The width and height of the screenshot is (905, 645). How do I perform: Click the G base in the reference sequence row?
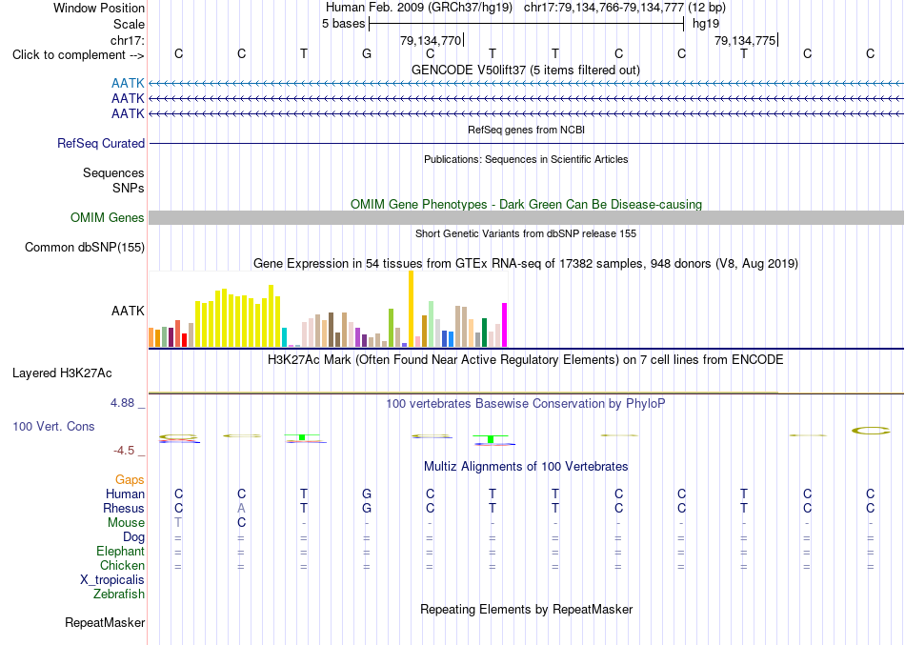click(367, 54)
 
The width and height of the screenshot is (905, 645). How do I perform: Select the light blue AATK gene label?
click(128, 84)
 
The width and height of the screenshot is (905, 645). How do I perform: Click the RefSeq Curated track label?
click(101, 143)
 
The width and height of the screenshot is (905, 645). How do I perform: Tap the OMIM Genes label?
click(108, 217)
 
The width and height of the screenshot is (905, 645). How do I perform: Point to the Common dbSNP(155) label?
click(85, 247)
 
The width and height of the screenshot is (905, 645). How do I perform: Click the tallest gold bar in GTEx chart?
click(411, 309)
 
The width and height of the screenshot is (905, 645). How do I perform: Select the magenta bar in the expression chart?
click(505, 325)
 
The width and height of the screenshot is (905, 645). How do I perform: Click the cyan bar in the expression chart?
click(284, 337)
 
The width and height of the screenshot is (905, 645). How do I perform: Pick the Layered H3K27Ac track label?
click(62, 373)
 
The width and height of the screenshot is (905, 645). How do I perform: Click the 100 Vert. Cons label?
click(53, 426)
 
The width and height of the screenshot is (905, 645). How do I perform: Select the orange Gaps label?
click(130, 480)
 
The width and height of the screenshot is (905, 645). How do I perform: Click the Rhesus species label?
click(124, 508)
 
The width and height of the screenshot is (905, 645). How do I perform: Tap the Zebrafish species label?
click(119, 594)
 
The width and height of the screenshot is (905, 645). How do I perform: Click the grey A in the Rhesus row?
click(241, 508)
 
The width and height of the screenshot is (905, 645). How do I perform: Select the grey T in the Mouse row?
click(178, 523)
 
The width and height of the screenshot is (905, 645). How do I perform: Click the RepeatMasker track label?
click(105, 622)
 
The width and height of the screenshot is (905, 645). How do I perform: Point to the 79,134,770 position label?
click(431, 40)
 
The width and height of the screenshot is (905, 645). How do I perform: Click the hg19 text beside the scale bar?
click(706, 24)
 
